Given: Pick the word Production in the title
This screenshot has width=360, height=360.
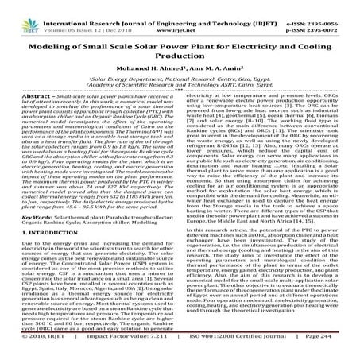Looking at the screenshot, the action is (180, 48).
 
